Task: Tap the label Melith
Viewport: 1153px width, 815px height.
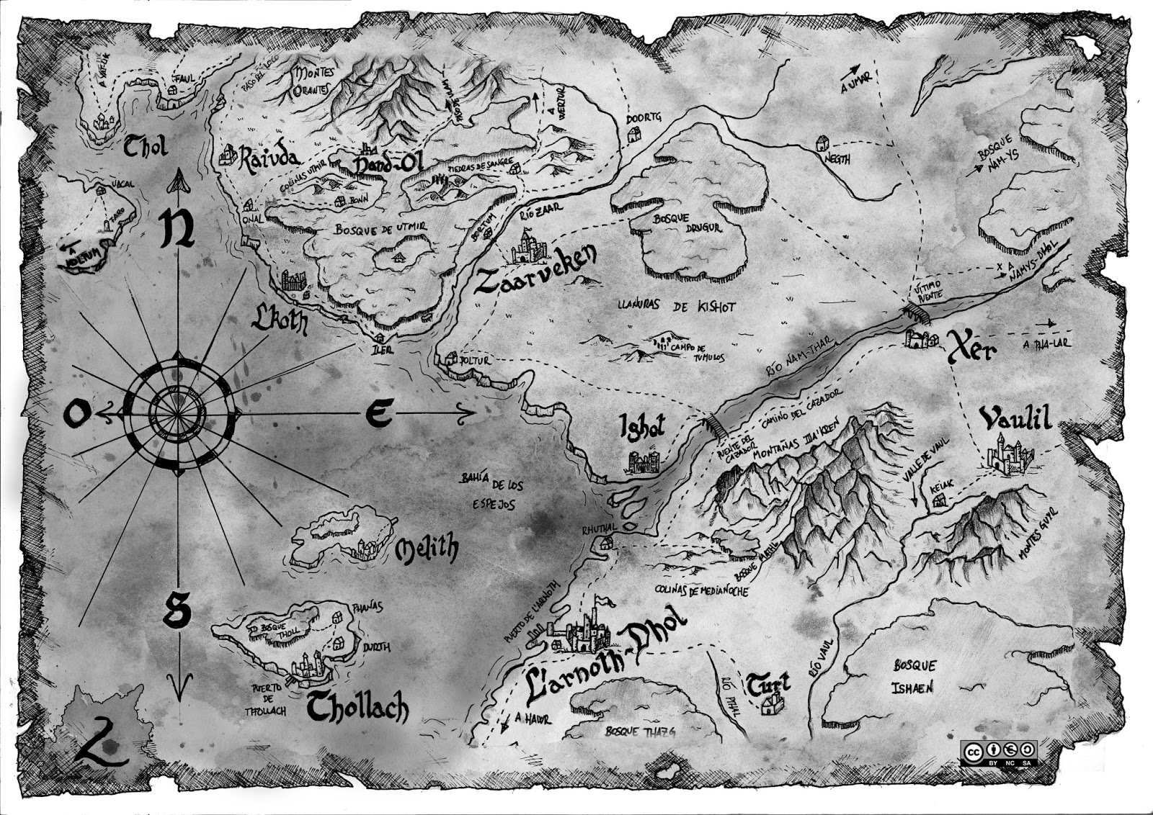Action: click(427, 550)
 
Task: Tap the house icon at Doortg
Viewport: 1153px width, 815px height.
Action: click(634, 134)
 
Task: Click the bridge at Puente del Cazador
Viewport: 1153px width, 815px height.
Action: click(715, 425)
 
